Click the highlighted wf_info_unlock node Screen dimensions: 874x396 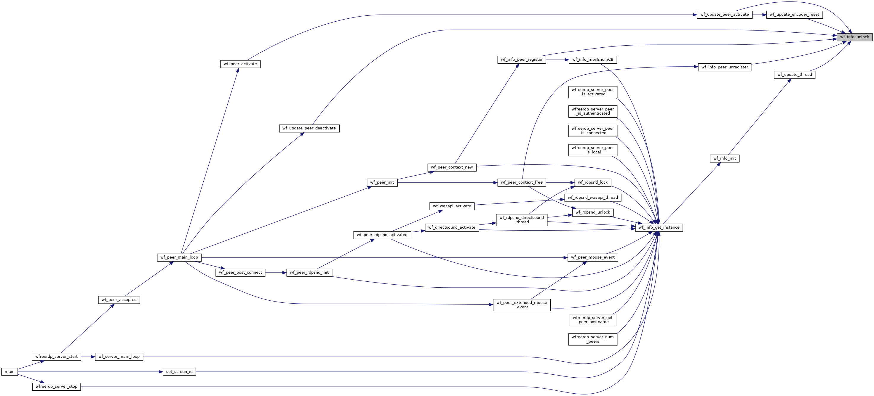pyautogui.click(x=854, y=37)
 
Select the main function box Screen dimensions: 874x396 pyautogui.click(x=9, y=372)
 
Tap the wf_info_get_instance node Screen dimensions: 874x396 pyautogui.click(x=659, y=227)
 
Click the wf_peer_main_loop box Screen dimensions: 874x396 pyautogui.click(x=179, y=257)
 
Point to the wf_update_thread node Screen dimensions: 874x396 pyautogui.click(x=794, y=75)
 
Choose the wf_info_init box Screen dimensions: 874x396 pyautogui.click(x=724, y=158)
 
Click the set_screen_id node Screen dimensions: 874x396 pyautogui.click(x=179, y=372)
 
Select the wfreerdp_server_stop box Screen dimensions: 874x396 pyautogui.click(x=56, y=387)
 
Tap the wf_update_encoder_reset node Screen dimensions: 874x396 pyautogui.click(x=794, y=15)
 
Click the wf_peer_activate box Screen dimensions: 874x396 pyautogui.click(x=240, y=64)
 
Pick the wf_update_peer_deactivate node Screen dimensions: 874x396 pyautogui.click(x=309, y=128)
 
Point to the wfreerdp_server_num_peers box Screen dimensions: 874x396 pyautogui.click(x=593, y=339)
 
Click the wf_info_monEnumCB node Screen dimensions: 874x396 pyautogui.click(x=593, y=60)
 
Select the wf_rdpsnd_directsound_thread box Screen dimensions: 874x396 pyautogui.click(x=522, y=220)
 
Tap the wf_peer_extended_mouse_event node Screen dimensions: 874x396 pyautogui.click(x=522, y=305)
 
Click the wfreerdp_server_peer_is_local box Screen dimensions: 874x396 pyautogui.click(x=593, y=150)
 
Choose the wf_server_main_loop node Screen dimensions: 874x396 pyautogui.click(x=119, y=357)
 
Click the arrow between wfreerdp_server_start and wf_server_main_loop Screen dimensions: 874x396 pyautogui.click(x=88, y=357)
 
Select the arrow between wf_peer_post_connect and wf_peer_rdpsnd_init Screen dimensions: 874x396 pyautogui.click(x=276, y=272)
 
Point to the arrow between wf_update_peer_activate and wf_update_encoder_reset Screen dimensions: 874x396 pyautogui.click(x=759, y=15)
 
